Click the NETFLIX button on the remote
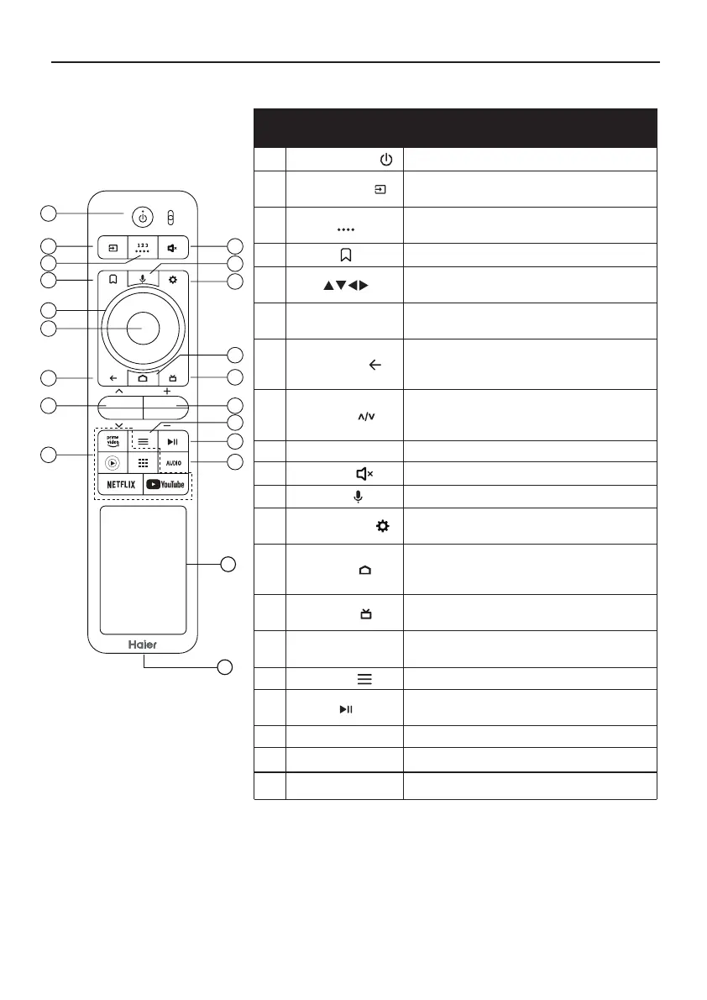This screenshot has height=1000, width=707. click(119, 485)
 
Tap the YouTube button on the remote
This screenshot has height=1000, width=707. click(165, 485)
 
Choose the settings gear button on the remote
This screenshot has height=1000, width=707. click(171, 279)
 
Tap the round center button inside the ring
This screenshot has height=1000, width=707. click(142, 327)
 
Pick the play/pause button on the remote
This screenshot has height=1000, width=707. click(171, 440)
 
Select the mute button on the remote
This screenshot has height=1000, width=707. click(171, 248)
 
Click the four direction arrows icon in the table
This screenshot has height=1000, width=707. click(345, 286)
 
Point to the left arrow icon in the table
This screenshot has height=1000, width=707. click(374, 365)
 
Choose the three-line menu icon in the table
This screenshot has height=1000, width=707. click(367, 678)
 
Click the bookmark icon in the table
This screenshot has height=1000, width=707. click(345, 255)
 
